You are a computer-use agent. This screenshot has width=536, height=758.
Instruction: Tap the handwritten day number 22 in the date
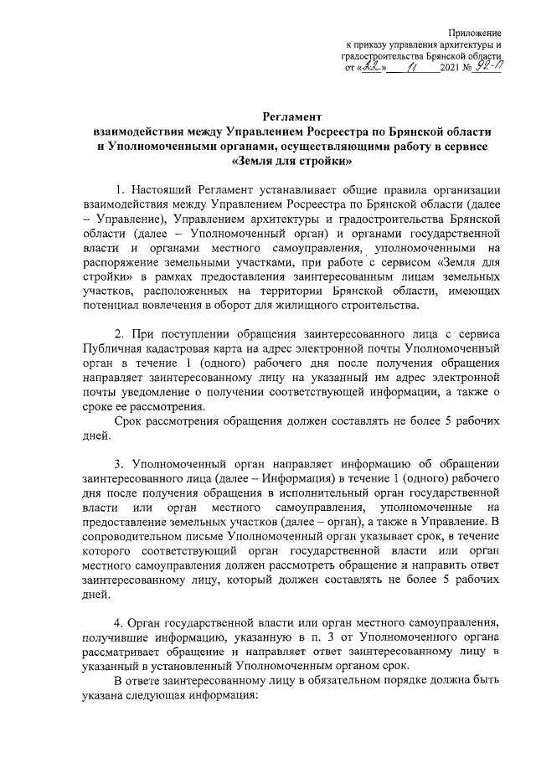(372, 70)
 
